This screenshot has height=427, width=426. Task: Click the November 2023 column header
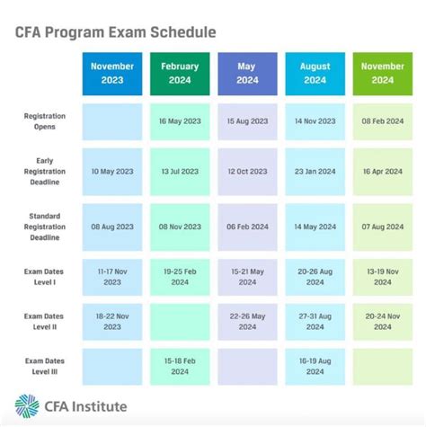112,73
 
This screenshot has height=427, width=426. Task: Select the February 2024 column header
180,73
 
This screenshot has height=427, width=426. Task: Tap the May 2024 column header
247,73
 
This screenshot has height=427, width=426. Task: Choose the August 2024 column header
315,73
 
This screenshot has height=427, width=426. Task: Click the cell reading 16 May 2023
180,121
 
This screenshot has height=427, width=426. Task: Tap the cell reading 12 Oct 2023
247,172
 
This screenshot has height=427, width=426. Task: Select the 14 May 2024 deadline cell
315,227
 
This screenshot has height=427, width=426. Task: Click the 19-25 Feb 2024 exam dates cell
180,274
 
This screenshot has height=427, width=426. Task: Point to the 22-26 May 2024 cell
247,321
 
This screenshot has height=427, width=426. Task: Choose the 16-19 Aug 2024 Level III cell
315,366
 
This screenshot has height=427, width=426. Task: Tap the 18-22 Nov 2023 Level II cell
112,321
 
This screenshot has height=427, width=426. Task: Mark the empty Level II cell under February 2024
180,321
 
